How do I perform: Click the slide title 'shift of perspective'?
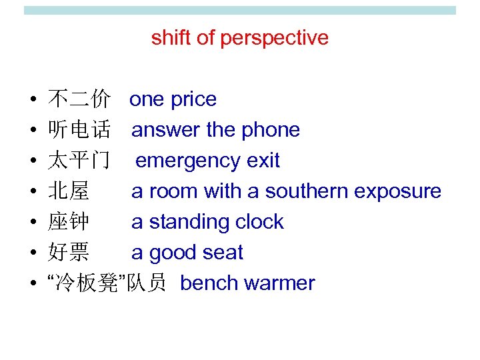click(x=239, y=38)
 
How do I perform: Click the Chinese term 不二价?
click(x=79, y=100)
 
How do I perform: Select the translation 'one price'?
click(x=173, y=100)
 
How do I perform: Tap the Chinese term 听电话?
click(x=79, y=131)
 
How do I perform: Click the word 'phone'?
click(x=270, y=130)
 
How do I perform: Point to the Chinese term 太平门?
click(x=79, y=161)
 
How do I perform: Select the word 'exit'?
click(x=263, y=161)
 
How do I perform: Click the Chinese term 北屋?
click(x=68, y=192)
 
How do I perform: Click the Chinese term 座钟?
click(x=68, y=223)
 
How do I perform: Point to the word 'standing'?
click(x=187, y=223)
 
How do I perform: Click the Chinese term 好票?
click(x=68, y=253)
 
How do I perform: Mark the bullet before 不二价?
click(x=33, y=101)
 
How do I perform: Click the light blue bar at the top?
click(x=239, y=11)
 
